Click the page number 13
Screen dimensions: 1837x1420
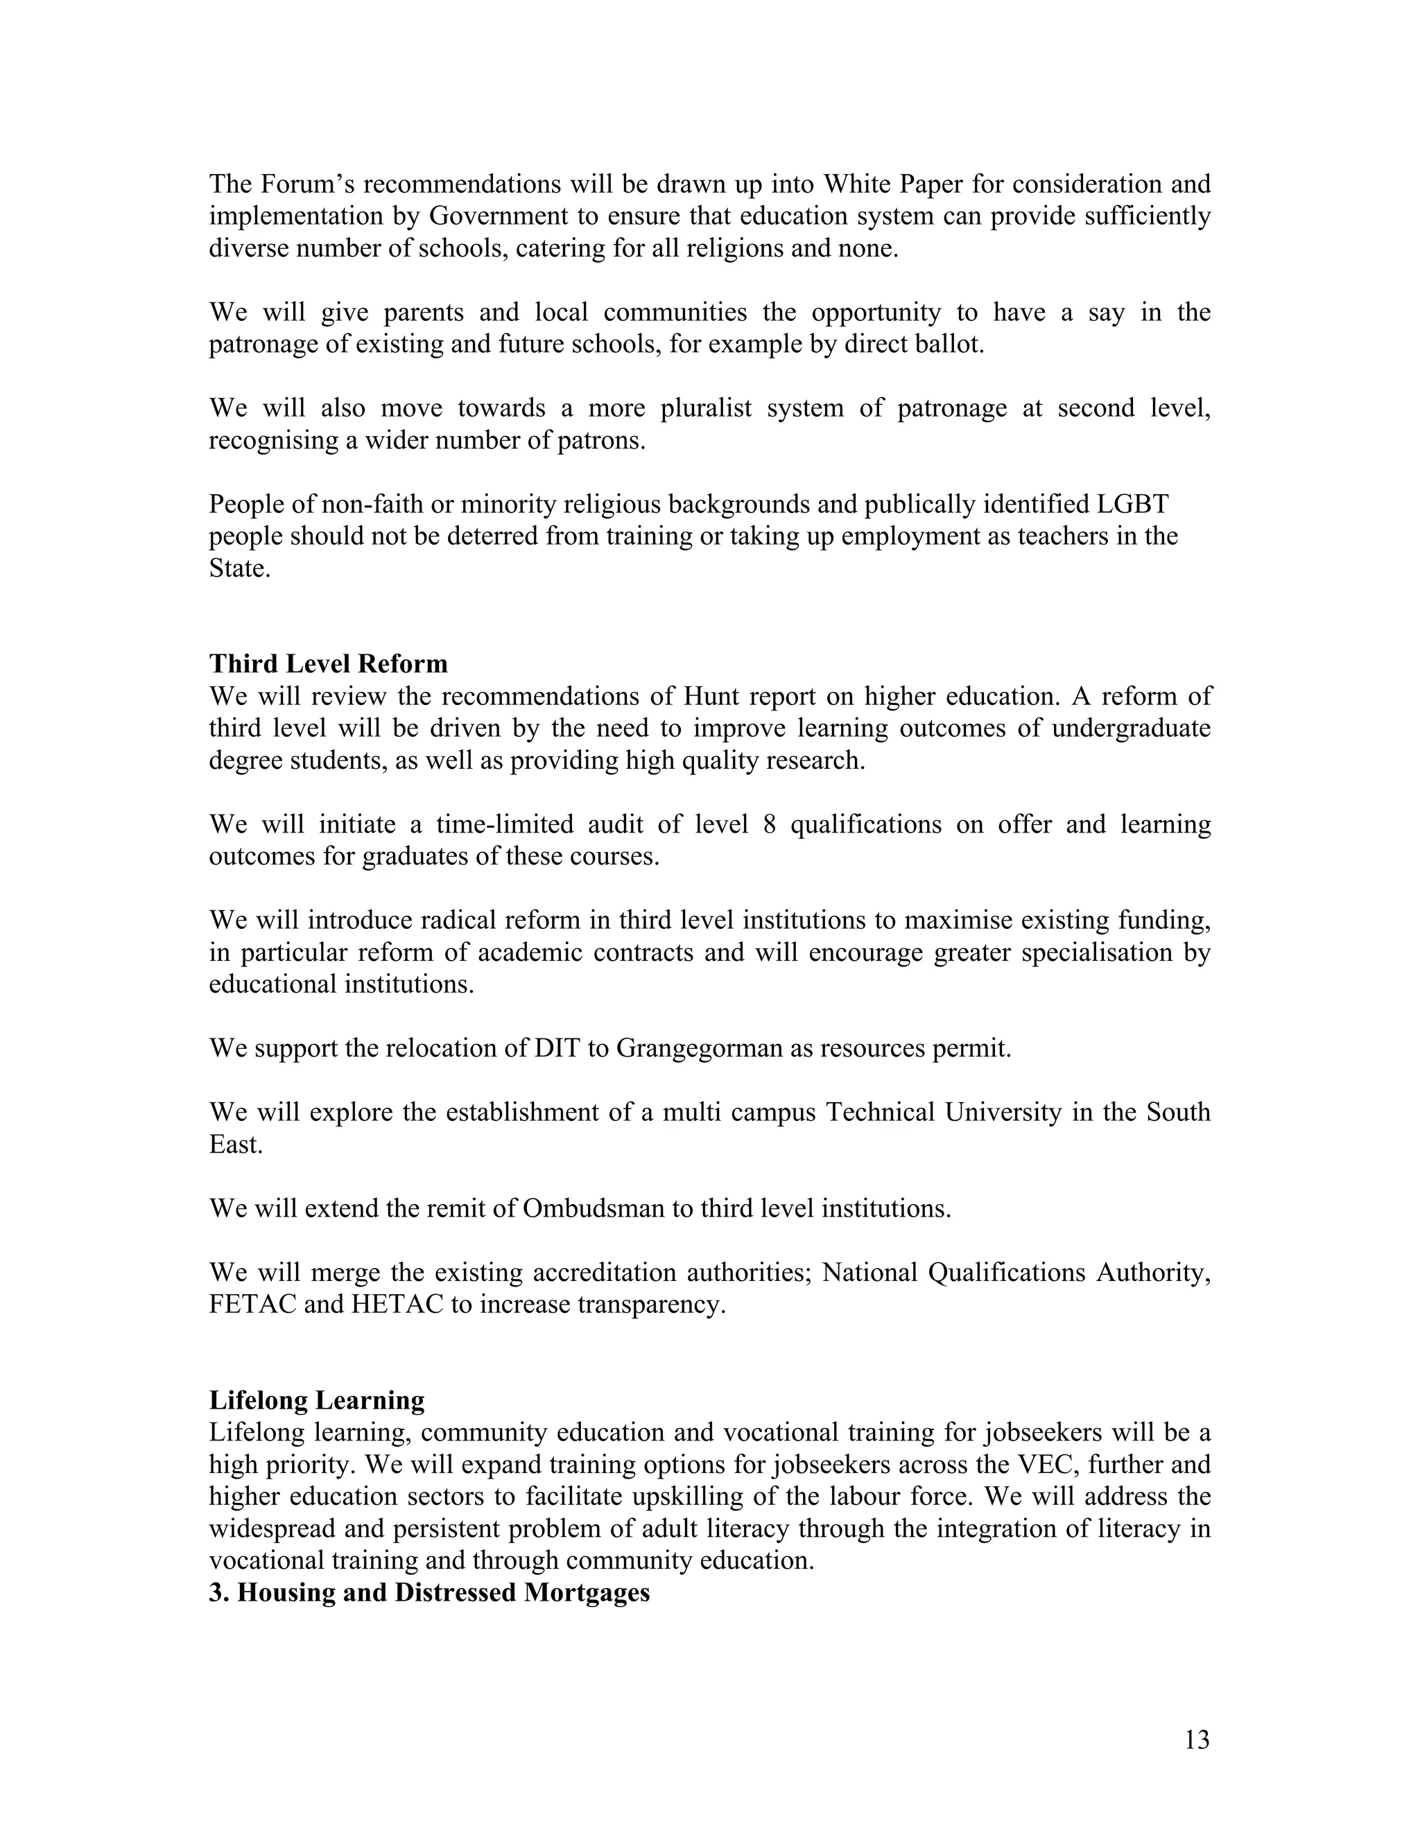click(1196, 1739)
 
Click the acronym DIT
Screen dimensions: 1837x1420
click(556, 1049)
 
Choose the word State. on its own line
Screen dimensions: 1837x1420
click(240, 568)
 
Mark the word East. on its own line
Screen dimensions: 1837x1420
click(236, 1144)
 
